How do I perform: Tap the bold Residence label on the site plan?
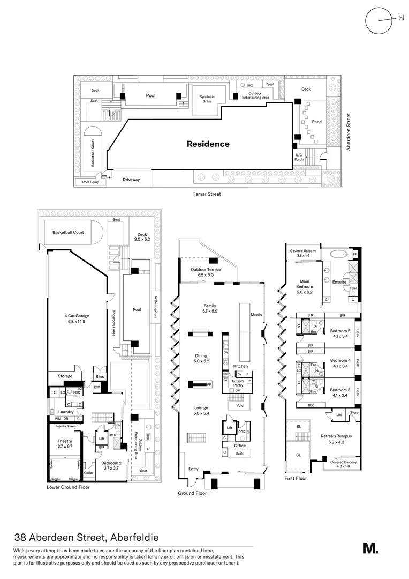(208, 144)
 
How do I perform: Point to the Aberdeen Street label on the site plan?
(348, 131)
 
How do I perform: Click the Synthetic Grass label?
(207, 99)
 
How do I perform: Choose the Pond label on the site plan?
(316, 122)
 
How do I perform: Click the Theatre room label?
(65, 442)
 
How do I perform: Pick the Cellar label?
(88, 473)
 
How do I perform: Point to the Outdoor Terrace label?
(206, 272)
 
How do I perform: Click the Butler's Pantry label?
(238, 383)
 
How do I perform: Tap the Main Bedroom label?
(304, 285)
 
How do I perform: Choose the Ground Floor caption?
(192, 493)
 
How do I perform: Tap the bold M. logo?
(370, 548)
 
